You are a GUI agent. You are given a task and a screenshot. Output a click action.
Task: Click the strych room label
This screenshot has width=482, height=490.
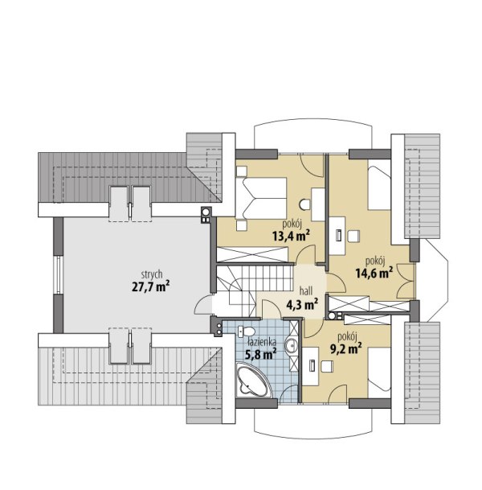point(152,274)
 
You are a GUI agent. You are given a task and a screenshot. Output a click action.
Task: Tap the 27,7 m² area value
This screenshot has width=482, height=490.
point(151,286)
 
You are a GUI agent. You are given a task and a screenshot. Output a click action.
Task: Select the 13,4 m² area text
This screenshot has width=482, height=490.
point(291,236)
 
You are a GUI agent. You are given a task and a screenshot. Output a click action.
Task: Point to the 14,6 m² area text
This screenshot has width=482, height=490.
point(374,273)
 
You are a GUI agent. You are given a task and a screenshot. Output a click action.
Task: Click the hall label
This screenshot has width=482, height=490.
point(306,291)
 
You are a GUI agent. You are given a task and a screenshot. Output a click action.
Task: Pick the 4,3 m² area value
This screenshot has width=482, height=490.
point(302,304)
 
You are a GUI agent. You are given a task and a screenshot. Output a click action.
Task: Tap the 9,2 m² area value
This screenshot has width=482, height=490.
point(346,348)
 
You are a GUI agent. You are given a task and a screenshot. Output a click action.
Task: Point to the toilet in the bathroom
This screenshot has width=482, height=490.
point(247,331)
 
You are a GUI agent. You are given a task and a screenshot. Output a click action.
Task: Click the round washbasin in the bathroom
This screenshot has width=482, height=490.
point(292,345)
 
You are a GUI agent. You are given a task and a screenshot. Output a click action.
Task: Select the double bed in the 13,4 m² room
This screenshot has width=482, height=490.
point(261,198)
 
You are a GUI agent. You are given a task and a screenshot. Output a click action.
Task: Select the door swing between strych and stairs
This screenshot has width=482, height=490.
point(202,304)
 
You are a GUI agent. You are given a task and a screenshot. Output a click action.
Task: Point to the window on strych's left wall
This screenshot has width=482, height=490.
point(58,274)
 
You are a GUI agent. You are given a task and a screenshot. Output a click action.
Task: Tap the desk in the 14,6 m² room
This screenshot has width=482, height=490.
point(337,235)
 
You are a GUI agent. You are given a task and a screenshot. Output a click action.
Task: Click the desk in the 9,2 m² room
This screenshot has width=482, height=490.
point(310,365)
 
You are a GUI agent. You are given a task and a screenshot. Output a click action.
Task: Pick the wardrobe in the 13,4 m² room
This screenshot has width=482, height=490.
point(252,254)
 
